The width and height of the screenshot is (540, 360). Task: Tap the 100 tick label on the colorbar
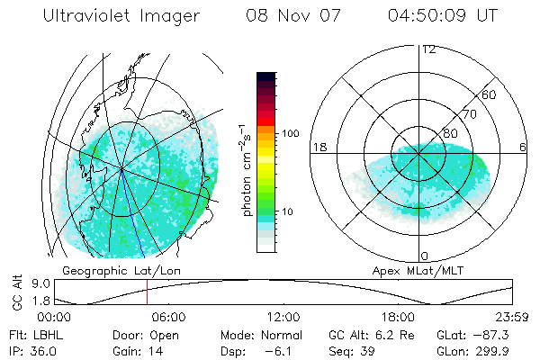289,133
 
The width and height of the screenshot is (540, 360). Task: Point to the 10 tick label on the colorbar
288,211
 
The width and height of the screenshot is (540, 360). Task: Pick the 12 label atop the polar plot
428,49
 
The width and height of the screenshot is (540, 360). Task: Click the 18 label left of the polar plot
318,147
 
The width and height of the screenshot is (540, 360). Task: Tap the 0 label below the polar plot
424,256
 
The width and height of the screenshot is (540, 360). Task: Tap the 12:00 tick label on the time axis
283,318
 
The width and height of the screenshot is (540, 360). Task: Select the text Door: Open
141,335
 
